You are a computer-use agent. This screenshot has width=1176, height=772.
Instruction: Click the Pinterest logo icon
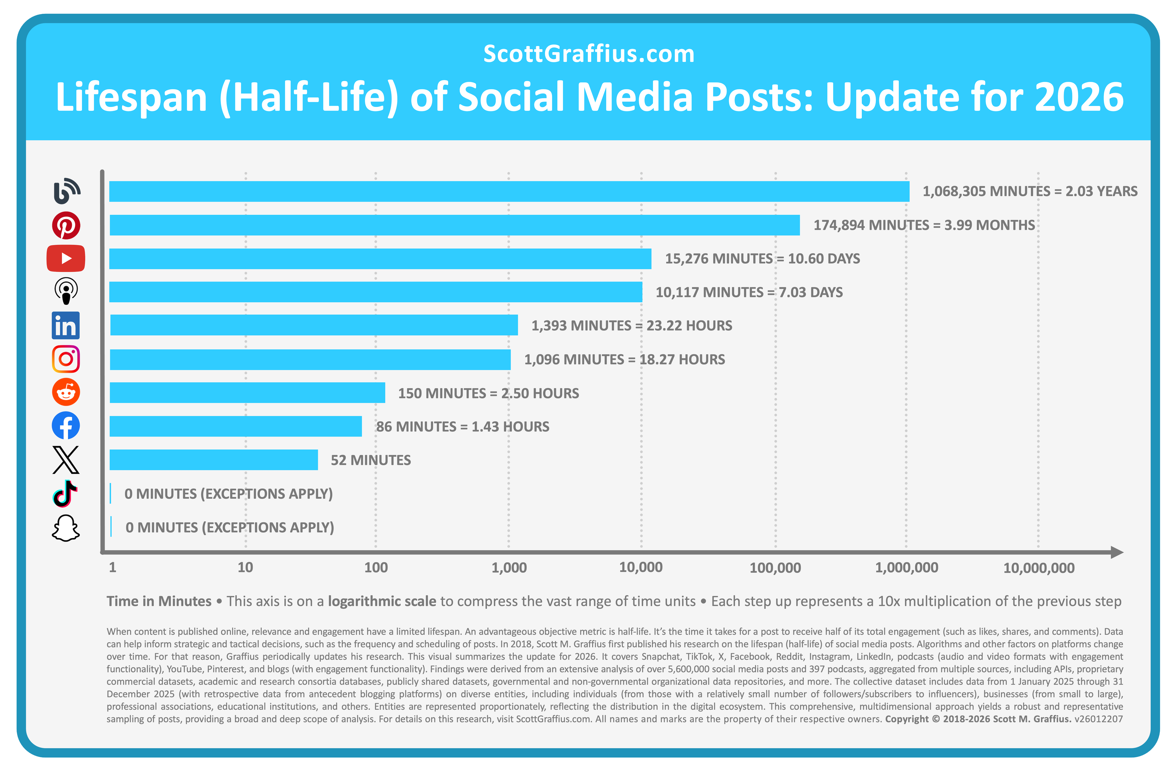pos(66,226)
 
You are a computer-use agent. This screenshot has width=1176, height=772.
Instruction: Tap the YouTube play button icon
pos(66,258)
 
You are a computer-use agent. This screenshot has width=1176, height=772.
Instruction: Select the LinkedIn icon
pos(66,326)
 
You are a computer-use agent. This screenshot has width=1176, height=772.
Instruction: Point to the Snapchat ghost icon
pos(66,528)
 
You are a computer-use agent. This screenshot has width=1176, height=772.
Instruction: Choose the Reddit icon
pos(66,392)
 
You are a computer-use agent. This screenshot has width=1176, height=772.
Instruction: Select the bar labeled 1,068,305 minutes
pos(509,192)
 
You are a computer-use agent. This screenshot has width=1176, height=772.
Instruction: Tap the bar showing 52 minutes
pos(214,460)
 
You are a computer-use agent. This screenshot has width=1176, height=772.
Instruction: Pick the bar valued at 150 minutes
pos(247,393)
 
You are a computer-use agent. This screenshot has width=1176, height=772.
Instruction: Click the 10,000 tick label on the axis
pos(641,567)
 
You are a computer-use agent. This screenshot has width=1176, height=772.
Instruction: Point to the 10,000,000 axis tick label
pos(1039,568)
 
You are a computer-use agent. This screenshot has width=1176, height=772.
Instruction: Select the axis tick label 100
pos(376,567)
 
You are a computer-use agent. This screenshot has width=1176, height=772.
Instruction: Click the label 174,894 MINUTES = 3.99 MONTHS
pos(924,225)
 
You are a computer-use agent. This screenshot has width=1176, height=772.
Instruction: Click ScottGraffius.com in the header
pos(588,54)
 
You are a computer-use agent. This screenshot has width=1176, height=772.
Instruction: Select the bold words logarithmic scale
pos(382,601)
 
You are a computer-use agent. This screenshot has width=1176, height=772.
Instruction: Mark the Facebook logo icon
pos(66,426)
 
